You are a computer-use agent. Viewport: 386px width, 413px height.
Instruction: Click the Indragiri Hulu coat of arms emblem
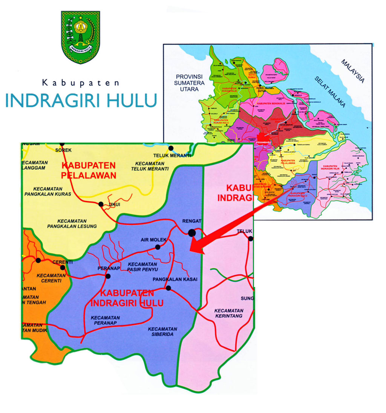click(80, 37)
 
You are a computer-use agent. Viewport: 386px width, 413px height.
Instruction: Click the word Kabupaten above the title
click(81, 82)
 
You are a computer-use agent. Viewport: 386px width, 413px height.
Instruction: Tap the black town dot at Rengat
click(192, 233)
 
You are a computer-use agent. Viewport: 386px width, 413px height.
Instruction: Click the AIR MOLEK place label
click(151, 240)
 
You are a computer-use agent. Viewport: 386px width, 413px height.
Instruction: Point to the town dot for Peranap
click(108, 276)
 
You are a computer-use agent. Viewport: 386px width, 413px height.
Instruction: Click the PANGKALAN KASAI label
click(175, 279)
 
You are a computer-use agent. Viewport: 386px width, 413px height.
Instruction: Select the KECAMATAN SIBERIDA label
click(162, 332)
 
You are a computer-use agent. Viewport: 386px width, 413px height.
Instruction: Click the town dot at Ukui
click(101, 204)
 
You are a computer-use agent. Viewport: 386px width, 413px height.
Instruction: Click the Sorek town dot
click(62, 144)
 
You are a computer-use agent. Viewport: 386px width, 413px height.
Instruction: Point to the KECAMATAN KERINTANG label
click(229, 313)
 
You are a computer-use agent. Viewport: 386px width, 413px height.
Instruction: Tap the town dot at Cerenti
click(63, 268)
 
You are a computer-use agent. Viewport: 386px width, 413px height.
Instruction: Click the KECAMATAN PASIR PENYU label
click(142, 267)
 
